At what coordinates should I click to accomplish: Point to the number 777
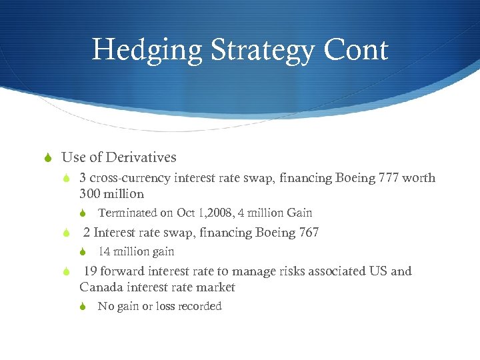[381, 178]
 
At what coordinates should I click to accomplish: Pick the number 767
[306, 233]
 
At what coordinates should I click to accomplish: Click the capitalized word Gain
[299, 213]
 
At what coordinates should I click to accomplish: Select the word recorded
[200, 307]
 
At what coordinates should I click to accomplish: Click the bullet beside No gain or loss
[83, 307]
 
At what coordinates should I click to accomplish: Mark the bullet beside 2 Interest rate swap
[65, 233]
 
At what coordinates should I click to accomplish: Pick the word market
[215, 287]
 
